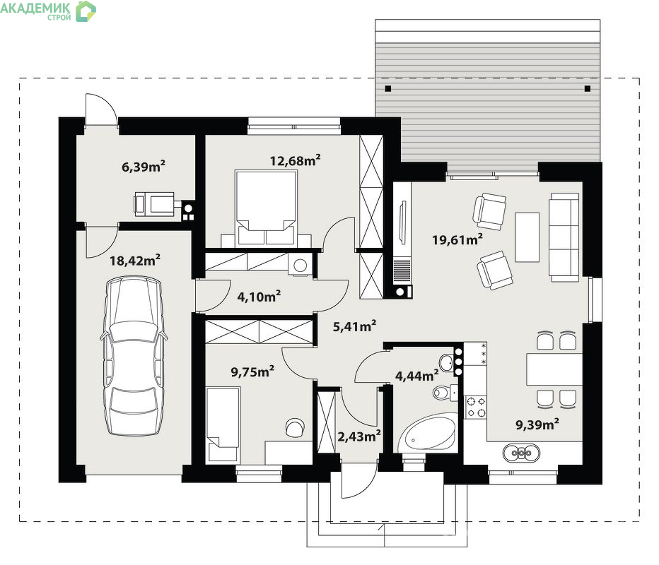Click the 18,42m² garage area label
(135, 260)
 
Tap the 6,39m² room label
(144, 166)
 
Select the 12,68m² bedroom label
(295, 160)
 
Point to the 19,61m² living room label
(457, 239)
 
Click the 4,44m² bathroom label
(417, 376)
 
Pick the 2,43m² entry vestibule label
(359, 436)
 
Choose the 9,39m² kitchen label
(537, 424)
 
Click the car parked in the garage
(134, 355)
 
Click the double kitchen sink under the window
(522, 453)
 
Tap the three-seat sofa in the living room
(564, 237)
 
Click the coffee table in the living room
(527, 237)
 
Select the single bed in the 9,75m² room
(223, 424)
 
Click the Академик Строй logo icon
(86, 11)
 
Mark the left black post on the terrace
(388, 88)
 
